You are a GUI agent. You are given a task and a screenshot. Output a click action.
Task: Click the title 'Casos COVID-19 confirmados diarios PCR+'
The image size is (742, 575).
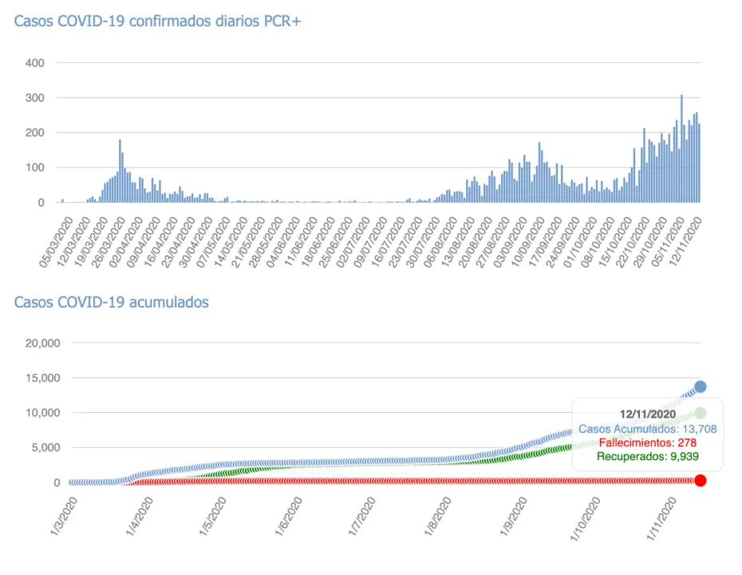coord(157,22)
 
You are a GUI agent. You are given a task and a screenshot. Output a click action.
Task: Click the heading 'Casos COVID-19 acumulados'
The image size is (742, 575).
coord(112,302)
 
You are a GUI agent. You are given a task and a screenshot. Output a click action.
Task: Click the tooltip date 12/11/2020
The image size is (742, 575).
coord(648,414)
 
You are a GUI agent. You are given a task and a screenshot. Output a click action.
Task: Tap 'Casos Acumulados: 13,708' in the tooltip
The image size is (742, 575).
coord(648,429)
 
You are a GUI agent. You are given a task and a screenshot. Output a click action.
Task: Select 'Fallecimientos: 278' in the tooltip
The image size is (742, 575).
coord(648,442)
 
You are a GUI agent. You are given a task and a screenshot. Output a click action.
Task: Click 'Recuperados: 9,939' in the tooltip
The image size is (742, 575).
coord(648,456)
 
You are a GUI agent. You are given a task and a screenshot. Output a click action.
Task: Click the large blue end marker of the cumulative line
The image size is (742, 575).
coord(701,387)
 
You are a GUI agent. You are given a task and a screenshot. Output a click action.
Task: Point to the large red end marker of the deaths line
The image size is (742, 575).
coord(701,480)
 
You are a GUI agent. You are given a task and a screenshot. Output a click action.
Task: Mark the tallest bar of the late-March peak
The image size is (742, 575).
coord(120,172)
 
